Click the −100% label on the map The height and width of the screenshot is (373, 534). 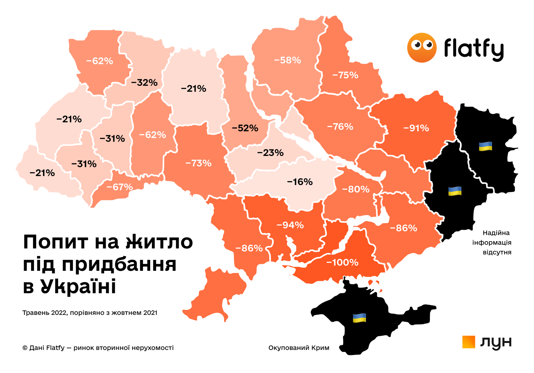[x=342, y=262]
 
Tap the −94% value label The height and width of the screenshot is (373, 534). [x=290, y=225]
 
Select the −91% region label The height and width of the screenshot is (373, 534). [x=416, y=128]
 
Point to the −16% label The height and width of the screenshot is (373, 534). [x=300, y=182]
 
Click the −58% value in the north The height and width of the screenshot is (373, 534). [x=287, y=60]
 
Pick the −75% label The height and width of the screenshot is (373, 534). [x=345, y=75]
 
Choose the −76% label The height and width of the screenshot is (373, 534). [x=340, y=127]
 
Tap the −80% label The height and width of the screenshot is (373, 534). [x=356, y=190]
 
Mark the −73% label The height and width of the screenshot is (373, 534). [x=198, y=163]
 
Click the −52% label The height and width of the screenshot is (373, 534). [x=245, y=128]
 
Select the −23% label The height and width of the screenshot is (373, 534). [x=270, y=153]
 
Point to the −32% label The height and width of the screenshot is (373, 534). [x=144, y=82]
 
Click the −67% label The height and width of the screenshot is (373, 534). [x=119, y=187]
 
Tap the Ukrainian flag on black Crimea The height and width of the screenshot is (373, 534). [x=359, y=318]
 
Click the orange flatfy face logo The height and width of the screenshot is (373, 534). [x=422, y=48]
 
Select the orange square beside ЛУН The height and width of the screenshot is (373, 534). [x=469, y=342]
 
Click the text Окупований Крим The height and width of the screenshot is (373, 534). [x=299, y=348]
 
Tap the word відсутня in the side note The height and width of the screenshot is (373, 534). [x=497, y=252]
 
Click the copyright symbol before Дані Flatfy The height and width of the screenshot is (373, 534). [x=25, y=348]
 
